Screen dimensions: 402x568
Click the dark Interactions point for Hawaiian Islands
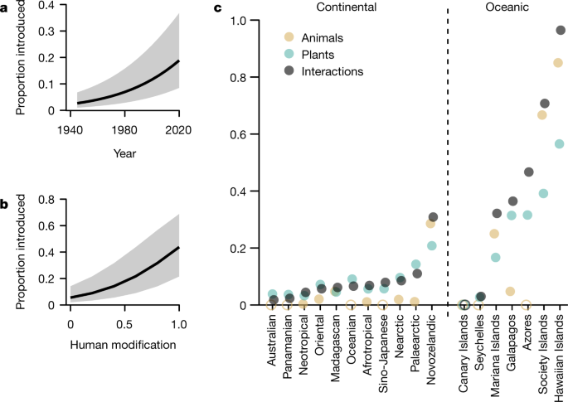561,30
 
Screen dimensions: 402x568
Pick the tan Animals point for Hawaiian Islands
558,63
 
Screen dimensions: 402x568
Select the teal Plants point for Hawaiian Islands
560,144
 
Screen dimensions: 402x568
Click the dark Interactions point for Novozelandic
433,217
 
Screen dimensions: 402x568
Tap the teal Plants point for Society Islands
544,194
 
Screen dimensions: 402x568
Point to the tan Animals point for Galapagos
511,292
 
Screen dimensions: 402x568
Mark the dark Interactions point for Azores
528,172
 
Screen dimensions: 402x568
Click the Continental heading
341,7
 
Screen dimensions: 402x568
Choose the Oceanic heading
505,7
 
